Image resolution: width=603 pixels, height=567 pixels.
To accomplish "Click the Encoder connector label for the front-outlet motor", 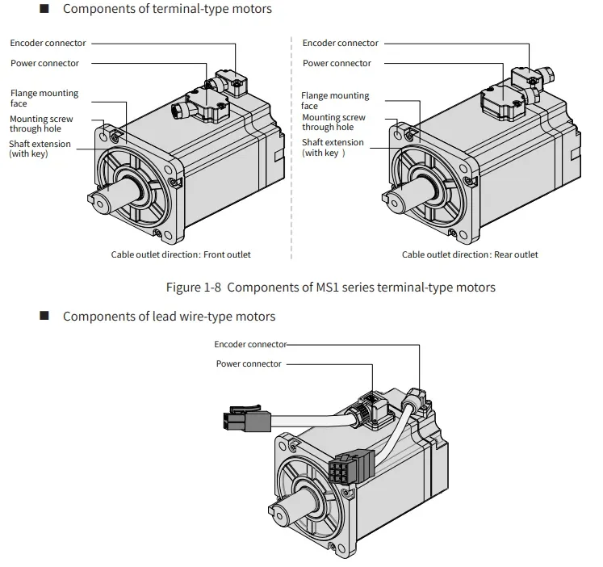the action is click(x=48, y=43).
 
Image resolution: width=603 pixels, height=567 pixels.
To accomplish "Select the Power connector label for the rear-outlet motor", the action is click(x=337, y=63).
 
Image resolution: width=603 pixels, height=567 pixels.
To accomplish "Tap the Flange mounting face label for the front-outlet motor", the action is click(x=44, y=98).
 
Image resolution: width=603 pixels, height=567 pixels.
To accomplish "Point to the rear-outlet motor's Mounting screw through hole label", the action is click(x=333, y=122).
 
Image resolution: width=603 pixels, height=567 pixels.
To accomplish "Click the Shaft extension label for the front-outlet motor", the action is click(x=40, y=149).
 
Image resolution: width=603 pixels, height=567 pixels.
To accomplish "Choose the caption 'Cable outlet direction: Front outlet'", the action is click(x=181, y=254).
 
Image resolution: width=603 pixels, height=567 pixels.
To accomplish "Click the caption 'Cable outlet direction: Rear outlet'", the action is click(x=470, y=254).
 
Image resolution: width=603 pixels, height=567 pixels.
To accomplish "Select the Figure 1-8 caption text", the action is click(x=331, y=288).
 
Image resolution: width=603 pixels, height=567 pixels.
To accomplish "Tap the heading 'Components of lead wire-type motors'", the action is click(x=170, y=316).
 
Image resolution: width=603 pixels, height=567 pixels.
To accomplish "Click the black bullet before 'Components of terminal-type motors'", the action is click(x=44, y=8).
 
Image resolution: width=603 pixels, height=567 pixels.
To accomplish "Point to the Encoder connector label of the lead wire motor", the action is click(x=250, y=344).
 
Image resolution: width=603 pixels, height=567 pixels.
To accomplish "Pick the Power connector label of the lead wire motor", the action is click(x=249, y=364).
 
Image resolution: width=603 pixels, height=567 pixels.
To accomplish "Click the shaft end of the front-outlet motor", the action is click(x=101, y=202).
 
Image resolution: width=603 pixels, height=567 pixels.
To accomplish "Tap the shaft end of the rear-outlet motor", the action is click(x=395, y=202).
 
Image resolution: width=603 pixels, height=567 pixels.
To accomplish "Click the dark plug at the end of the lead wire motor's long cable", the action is click(x=247, y=418).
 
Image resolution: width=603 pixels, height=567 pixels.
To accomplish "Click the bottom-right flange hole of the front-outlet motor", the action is click(x=167, y=235).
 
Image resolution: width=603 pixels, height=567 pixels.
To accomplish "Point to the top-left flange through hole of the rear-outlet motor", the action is click(x=398, y=135).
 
